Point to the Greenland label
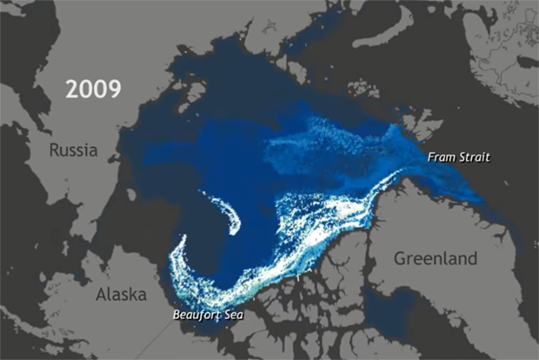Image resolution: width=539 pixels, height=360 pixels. (x=435, y=258)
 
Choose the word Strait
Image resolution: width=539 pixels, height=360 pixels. (x=472, y=157)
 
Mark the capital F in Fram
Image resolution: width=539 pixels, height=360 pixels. (x=429, y=157)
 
